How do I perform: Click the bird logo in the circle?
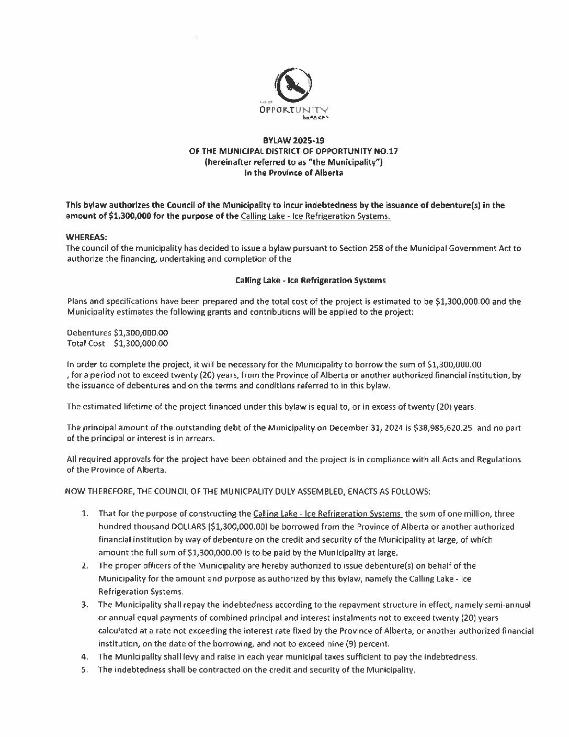(293, 85)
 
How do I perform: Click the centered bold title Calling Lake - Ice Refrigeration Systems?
(311, 280)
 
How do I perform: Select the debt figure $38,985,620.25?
(442, 428)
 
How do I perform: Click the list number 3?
(84, 605)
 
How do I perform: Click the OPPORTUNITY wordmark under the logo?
(293, 110)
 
